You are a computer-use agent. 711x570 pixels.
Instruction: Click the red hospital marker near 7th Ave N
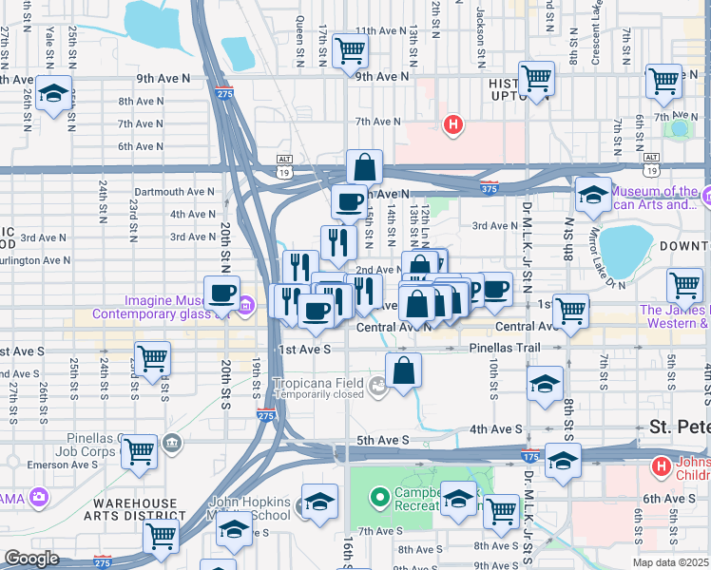pyautogui.click(x=454, y=123)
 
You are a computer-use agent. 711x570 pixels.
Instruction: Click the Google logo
pyautogui.click(x=31, y=559)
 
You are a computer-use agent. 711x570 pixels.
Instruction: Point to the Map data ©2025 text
pyautogui.click(x=670, y=562)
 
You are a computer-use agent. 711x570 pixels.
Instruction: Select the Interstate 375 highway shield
pyautogui.click(x=489, y=187)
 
